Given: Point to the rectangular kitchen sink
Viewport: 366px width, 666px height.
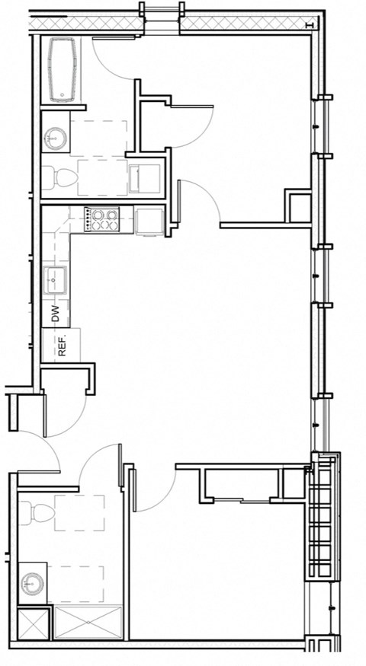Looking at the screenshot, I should tap(56, 281).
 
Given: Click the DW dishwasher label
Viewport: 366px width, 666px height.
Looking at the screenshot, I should tap(55, 313).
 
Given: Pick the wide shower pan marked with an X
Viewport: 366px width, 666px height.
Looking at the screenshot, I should tap(88, 623).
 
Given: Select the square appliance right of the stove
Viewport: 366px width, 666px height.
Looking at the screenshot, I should tap(150, 221).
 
